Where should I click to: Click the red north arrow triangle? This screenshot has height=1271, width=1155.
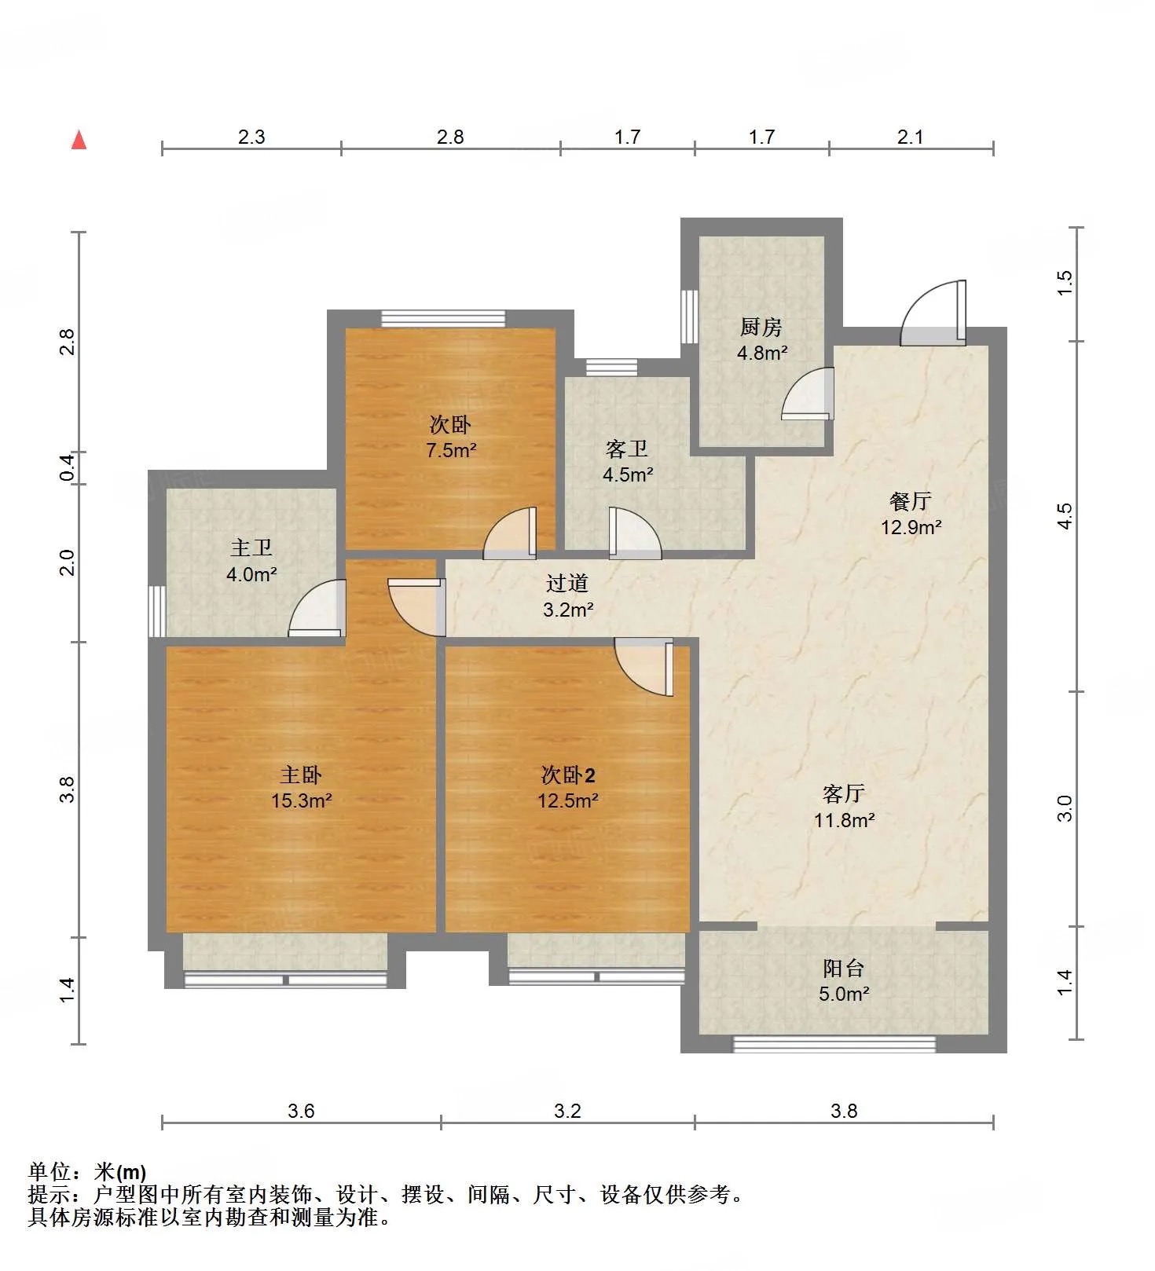pos(79,140)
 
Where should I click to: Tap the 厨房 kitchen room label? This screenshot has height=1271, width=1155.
pos(761,327)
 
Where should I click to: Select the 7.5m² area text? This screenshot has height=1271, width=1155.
pos(451,451)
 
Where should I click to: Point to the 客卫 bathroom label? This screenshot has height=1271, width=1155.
pos(627,449)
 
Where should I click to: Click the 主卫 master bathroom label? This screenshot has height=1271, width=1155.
pos(251,548)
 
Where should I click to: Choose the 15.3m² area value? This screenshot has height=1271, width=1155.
pos(301,801)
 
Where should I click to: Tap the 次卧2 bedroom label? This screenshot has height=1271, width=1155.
pos(568,775)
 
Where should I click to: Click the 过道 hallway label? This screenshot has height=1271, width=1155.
pos(567,583)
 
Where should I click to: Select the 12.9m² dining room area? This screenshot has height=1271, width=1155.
pos(911,527)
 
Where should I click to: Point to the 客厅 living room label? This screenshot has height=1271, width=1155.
pos(844,793)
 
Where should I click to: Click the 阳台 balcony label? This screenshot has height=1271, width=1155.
pos(844,968)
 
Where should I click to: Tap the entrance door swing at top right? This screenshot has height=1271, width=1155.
pos(933,313)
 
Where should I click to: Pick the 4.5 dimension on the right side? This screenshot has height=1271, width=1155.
pos(1065,516)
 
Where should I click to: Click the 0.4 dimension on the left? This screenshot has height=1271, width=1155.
pos(68,468)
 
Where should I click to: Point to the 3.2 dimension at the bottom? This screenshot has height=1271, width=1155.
pos(567,1111)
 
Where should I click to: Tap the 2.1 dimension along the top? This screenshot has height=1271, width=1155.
pos(910,137)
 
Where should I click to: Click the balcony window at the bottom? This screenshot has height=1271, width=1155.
pos(834,1044)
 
